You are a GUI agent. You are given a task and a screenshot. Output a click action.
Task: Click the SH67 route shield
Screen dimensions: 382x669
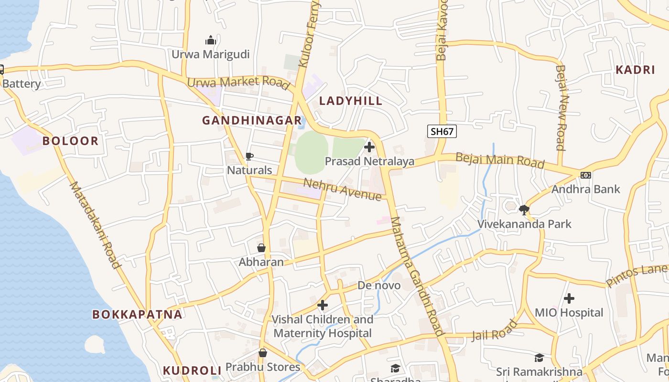[442, 131]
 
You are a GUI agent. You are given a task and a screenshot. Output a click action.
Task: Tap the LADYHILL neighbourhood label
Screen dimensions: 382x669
[351, 101]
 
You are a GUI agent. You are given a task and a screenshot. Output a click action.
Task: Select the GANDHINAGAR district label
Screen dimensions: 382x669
[252, 120]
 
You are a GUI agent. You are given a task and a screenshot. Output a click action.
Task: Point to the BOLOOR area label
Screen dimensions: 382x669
[70, 141]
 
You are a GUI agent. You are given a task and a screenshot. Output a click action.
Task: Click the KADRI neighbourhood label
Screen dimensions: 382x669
[635, 70]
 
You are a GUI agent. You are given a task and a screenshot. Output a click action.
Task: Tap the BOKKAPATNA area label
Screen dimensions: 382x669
[137, 314]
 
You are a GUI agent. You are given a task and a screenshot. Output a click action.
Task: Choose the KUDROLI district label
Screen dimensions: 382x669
[192, 371]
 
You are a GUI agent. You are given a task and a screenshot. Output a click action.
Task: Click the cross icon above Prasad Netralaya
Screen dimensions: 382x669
[369, 147]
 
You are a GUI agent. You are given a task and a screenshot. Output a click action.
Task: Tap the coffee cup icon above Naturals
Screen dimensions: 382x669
[249, 156]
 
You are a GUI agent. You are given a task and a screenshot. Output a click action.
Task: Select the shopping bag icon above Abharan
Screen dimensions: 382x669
[261, 248]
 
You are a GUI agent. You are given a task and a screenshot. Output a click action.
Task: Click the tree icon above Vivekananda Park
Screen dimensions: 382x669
[524, 210]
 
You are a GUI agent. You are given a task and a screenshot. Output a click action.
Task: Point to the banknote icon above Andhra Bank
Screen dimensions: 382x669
[586, 175]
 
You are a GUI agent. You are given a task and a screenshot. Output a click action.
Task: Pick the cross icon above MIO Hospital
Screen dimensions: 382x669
[569, 299]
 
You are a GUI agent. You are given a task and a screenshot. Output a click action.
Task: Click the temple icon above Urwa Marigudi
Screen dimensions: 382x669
[211, 40]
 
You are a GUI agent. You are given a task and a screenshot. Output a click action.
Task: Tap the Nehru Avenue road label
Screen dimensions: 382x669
[343, 189]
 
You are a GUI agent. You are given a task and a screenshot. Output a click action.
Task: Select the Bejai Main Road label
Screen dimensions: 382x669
[499, 160]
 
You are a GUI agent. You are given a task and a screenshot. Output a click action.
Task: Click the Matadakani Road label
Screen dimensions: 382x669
[95, 224]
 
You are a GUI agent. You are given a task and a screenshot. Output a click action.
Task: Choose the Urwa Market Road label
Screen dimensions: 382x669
[238, 82]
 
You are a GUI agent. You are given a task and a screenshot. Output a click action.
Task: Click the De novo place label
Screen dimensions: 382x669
[379, 286]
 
